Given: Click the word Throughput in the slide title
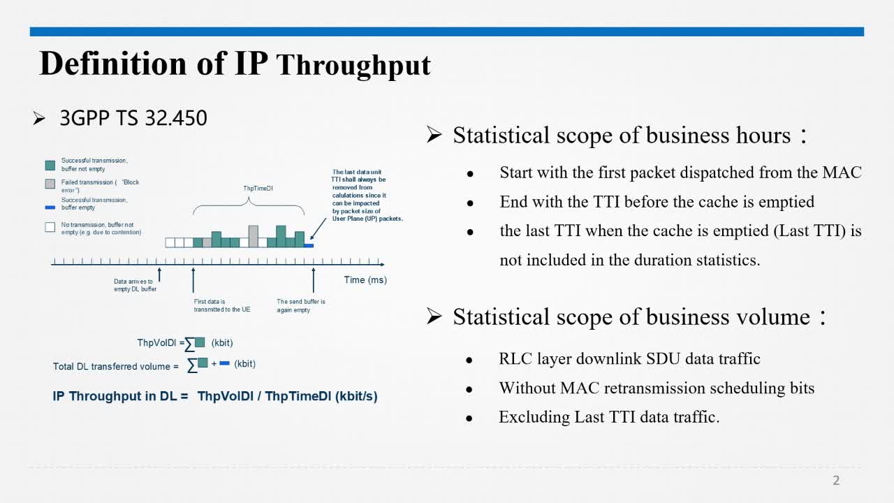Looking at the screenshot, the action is pos(353,66).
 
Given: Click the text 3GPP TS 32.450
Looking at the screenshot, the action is pos(133,118).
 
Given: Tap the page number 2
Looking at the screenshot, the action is pos(836,480).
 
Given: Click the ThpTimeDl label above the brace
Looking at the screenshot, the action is pos(258,189).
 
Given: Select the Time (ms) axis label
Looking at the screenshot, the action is pos(365,280).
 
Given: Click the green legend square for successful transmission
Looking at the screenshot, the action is pos(50,166).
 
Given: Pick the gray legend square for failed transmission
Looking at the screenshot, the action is pos(50,184).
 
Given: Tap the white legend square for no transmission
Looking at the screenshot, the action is pos(50,227).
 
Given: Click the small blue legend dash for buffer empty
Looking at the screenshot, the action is pos(50,207).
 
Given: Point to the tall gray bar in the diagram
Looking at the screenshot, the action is pos(253,236).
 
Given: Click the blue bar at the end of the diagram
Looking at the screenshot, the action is pos(309,245).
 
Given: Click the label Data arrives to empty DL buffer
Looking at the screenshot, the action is pos(135,285).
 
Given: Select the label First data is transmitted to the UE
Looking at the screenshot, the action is pos(222,305).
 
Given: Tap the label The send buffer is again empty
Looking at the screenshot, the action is pos(301,306).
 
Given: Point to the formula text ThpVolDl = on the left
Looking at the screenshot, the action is pos(161,343).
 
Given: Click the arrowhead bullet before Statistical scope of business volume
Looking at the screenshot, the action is pos(434,316).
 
